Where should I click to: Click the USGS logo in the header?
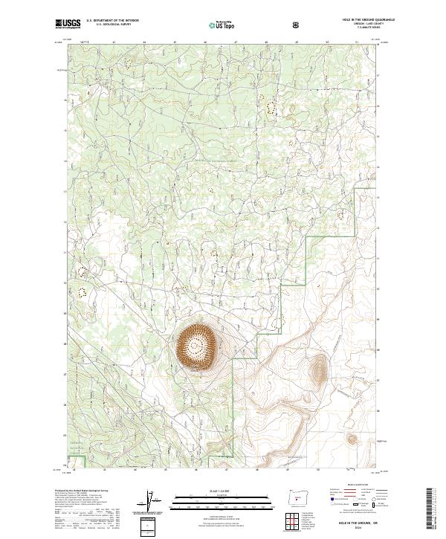(68, 24)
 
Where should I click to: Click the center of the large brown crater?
(198, 345)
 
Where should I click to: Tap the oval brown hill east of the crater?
(320, 369)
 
